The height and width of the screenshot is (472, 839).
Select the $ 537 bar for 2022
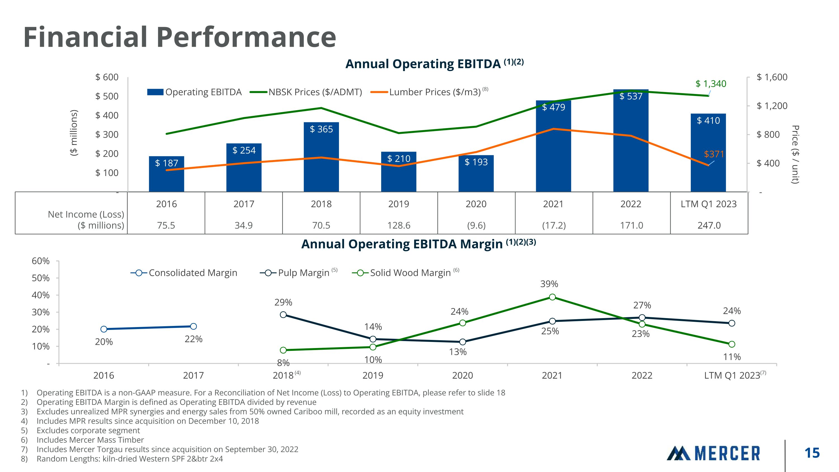point(631,140)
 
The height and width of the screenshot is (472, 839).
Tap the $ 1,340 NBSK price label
point(711,84)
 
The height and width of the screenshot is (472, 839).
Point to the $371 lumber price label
point(714,154)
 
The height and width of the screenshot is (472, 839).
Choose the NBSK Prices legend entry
point(306,92)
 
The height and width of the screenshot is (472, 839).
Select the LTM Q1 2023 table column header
point(708,204)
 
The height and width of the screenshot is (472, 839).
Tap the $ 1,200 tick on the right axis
point(772,106)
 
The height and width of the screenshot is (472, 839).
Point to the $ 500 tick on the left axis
point(107,97)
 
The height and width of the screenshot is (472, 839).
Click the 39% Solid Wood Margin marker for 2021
point(552,297)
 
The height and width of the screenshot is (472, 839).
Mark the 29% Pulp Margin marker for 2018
point(283,315)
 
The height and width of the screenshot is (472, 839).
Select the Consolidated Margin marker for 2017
point(194,327)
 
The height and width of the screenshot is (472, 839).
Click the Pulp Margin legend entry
point(298,273)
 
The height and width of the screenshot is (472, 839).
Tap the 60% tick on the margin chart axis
point(41,261)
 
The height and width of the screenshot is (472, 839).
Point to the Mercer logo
point(713,453)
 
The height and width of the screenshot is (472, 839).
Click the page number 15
point(812,453)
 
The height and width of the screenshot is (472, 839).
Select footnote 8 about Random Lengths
point(130,459)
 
